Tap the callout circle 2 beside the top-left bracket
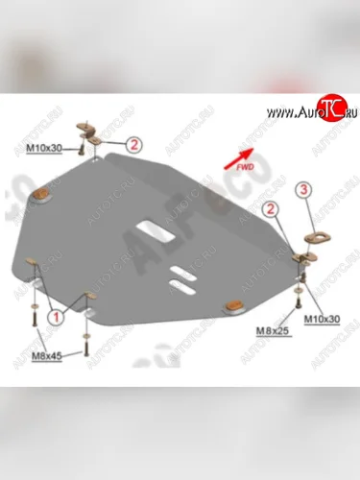133,146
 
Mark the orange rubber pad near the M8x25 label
233,304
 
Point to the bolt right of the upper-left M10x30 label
93,146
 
